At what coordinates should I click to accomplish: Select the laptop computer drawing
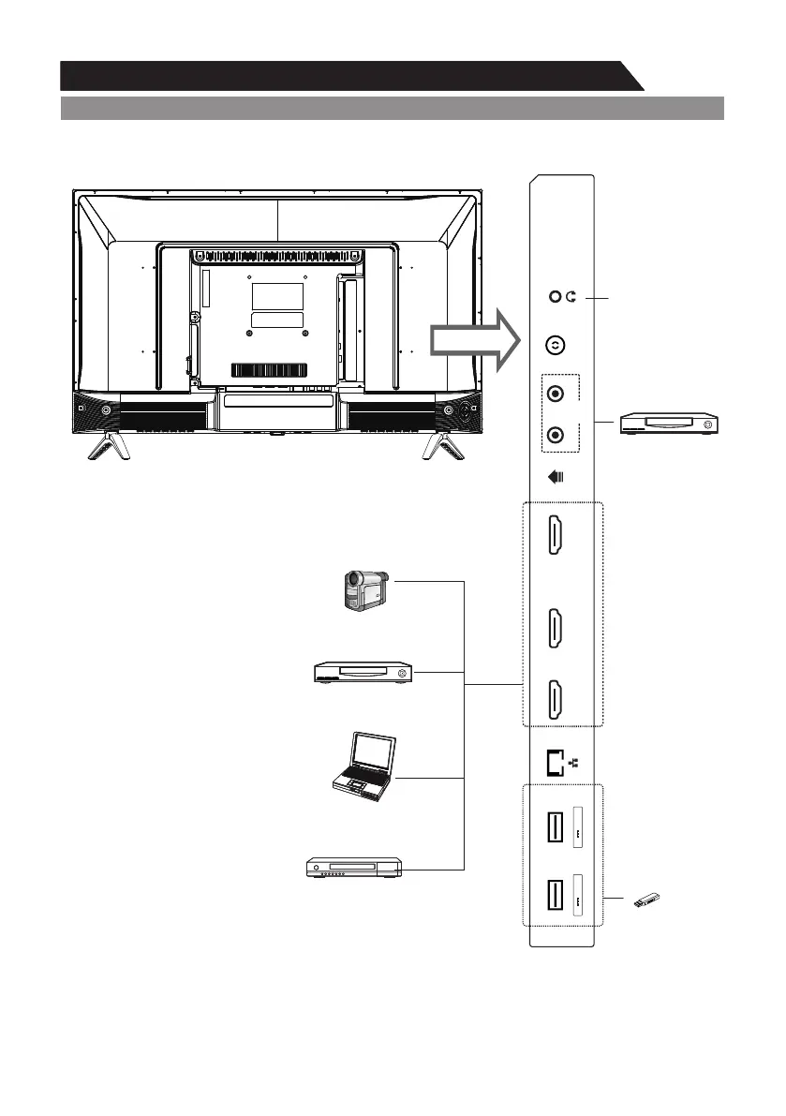364,767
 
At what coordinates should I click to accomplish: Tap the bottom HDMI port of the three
555,699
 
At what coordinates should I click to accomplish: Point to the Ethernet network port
555,762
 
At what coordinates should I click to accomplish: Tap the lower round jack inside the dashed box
556,435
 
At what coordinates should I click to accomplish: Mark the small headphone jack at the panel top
555,298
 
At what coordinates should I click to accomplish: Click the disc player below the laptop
355,869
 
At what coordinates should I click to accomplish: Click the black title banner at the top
347,76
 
